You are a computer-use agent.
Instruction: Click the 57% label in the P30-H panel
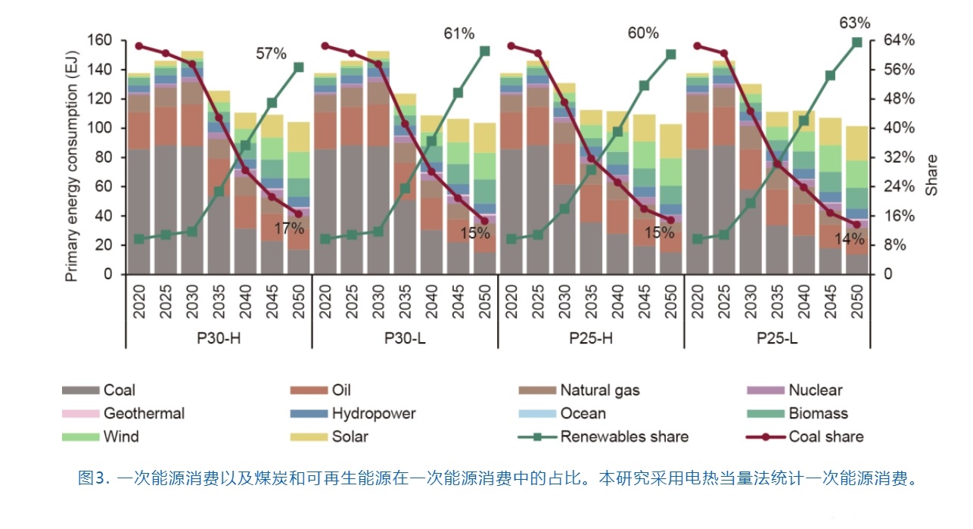[271, 53]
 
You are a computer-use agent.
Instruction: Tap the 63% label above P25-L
[855, 23]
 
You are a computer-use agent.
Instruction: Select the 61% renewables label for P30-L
[459, 33]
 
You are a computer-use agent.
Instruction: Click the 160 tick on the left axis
[100, 40]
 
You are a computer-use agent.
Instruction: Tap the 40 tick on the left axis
[104, 216]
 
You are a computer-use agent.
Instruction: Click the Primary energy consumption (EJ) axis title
[72, 157]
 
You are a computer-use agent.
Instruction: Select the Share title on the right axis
[932, 176]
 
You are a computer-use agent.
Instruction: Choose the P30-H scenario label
[219, 338]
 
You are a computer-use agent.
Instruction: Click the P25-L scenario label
[777, 338]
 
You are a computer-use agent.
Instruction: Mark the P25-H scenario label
[591, 338]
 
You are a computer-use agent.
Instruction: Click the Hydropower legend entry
[373, 413]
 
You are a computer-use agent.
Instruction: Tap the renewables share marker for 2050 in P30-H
[298, 67]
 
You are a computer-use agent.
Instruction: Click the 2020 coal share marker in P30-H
[139, 46]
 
